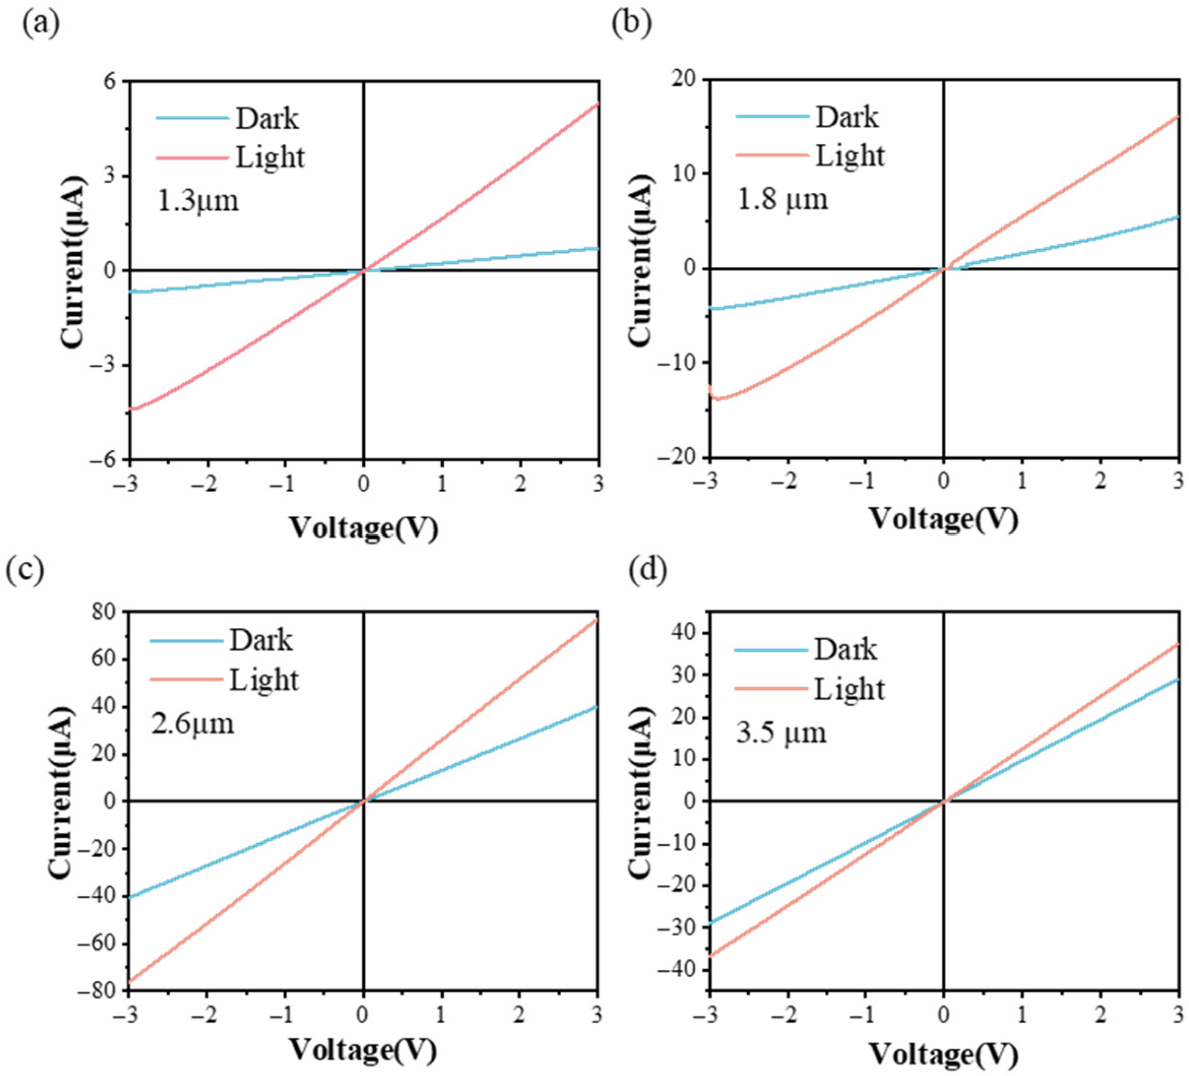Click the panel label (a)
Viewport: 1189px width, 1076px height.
click(41, 24)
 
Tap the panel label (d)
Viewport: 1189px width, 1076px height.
click(647, 570)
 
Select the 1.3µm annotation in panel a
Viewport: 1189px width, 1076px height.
click(198, 200)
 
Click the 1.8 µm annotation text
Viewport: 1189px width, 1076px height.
click(783, 199)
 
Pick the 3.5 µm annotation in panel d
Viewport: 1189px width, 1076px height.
click(781, 733)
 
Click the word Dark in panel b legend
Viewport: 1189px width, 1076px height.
click(847, 117)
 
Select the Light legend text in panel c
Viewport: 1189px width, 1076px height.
click(264, 681)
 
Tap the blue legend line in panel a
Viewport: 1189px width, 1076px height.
click(192, 119)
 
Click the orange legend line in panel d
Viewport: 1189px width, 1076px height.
click(771, 688)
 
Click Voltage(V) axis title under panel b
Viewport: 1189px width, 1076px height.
click(944, 519)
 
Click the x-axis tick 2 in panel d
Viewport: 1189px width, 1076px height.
click(1101, 1015)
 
